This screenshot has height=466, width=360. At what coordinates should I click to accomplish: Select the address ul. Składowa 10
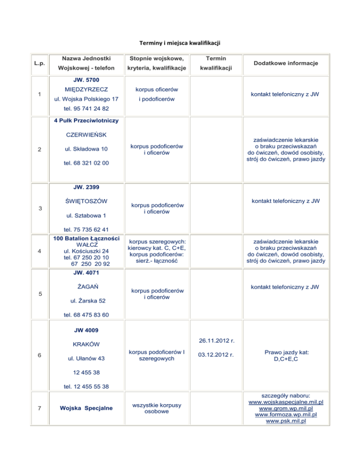click(x=86, y=149)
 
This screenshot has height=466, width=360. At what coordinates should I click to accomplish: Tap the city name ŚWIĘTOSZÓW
click(x=86, y=201)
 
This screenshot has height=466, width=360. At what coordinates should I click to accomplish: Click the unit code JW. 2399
click(x=86, y=188)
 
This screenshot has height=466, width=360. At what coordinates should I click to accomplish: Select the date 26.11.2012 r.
click(x=217, y=340)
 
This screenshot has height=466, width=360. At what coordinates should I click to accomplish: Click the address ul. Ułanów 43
click(x=86, y=359)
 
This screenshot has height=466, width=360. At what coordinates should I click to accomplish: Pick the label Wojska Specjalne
click(x=86, y=407)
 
